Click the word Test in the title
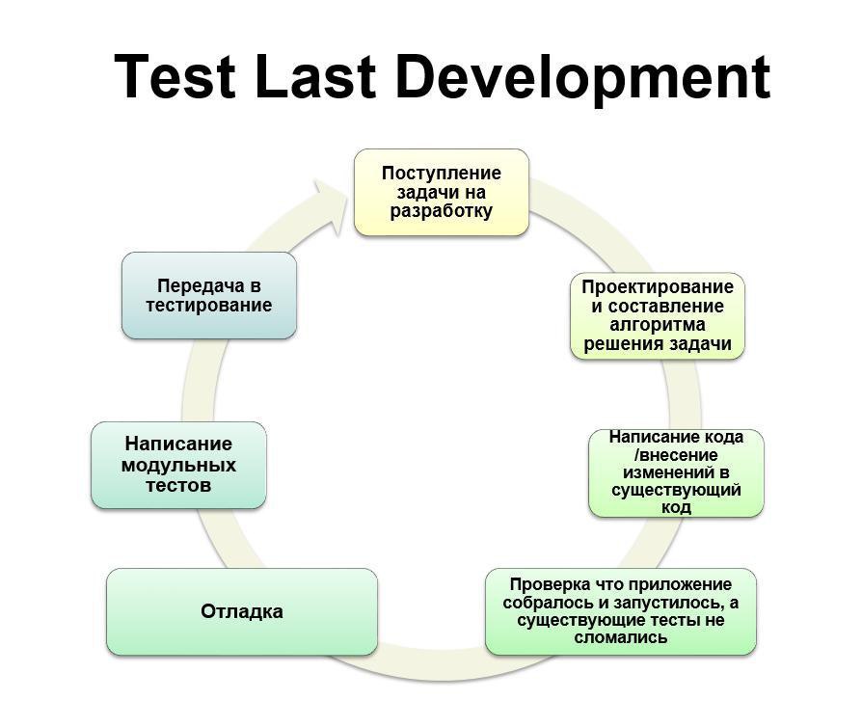pos(175,76)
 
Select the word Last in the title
pos(315,76)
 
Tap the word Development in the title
pos(582,80)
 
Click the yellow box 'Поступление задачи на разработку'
pos(442,193)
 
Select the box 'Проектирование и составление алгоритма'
pos(658,315)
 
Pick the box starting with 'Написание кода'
pos(676,472)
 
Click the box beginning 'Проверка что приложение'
pos(621,611)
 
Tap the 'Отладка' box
pos(242,611)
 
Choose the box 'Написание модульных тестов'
pos(178,466)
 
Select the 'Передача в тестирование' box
pos(209,295)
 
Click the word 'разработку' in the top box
pos(442,212)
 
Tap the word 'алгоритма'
pos(658,325)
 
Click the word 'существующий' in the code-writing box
pos(676,490)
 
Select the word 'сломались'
pos(621,637)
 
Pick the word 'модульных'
pos(178,466)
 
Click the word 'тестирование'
pos(209,306)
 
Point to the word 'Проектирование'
pos(658,287)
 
